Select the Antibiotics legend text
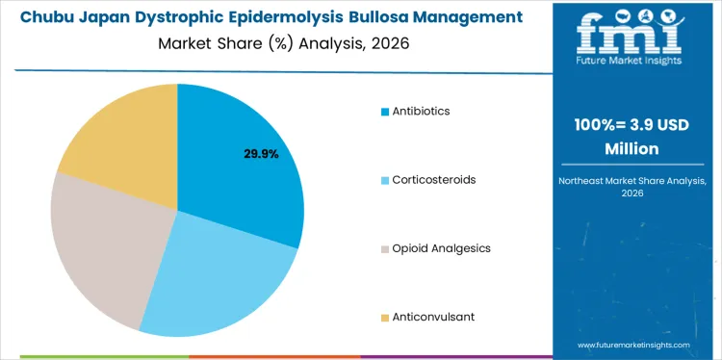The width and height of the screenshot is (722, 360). [421, 111]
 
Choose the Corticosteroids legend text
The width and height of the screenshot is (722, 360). [433, 180]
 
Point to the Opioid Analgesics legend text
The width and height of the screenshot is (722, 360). [441, 248]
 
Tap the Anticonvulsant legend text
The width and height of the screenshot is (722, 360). [433, 317]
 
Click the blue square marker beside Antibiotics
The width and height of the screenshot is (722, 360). [385, 112]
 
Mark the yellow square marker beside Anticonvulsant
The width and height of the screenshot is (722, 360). [385, 318]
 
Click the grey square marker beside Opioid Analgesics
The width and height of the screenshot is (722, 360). [385, 249]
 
